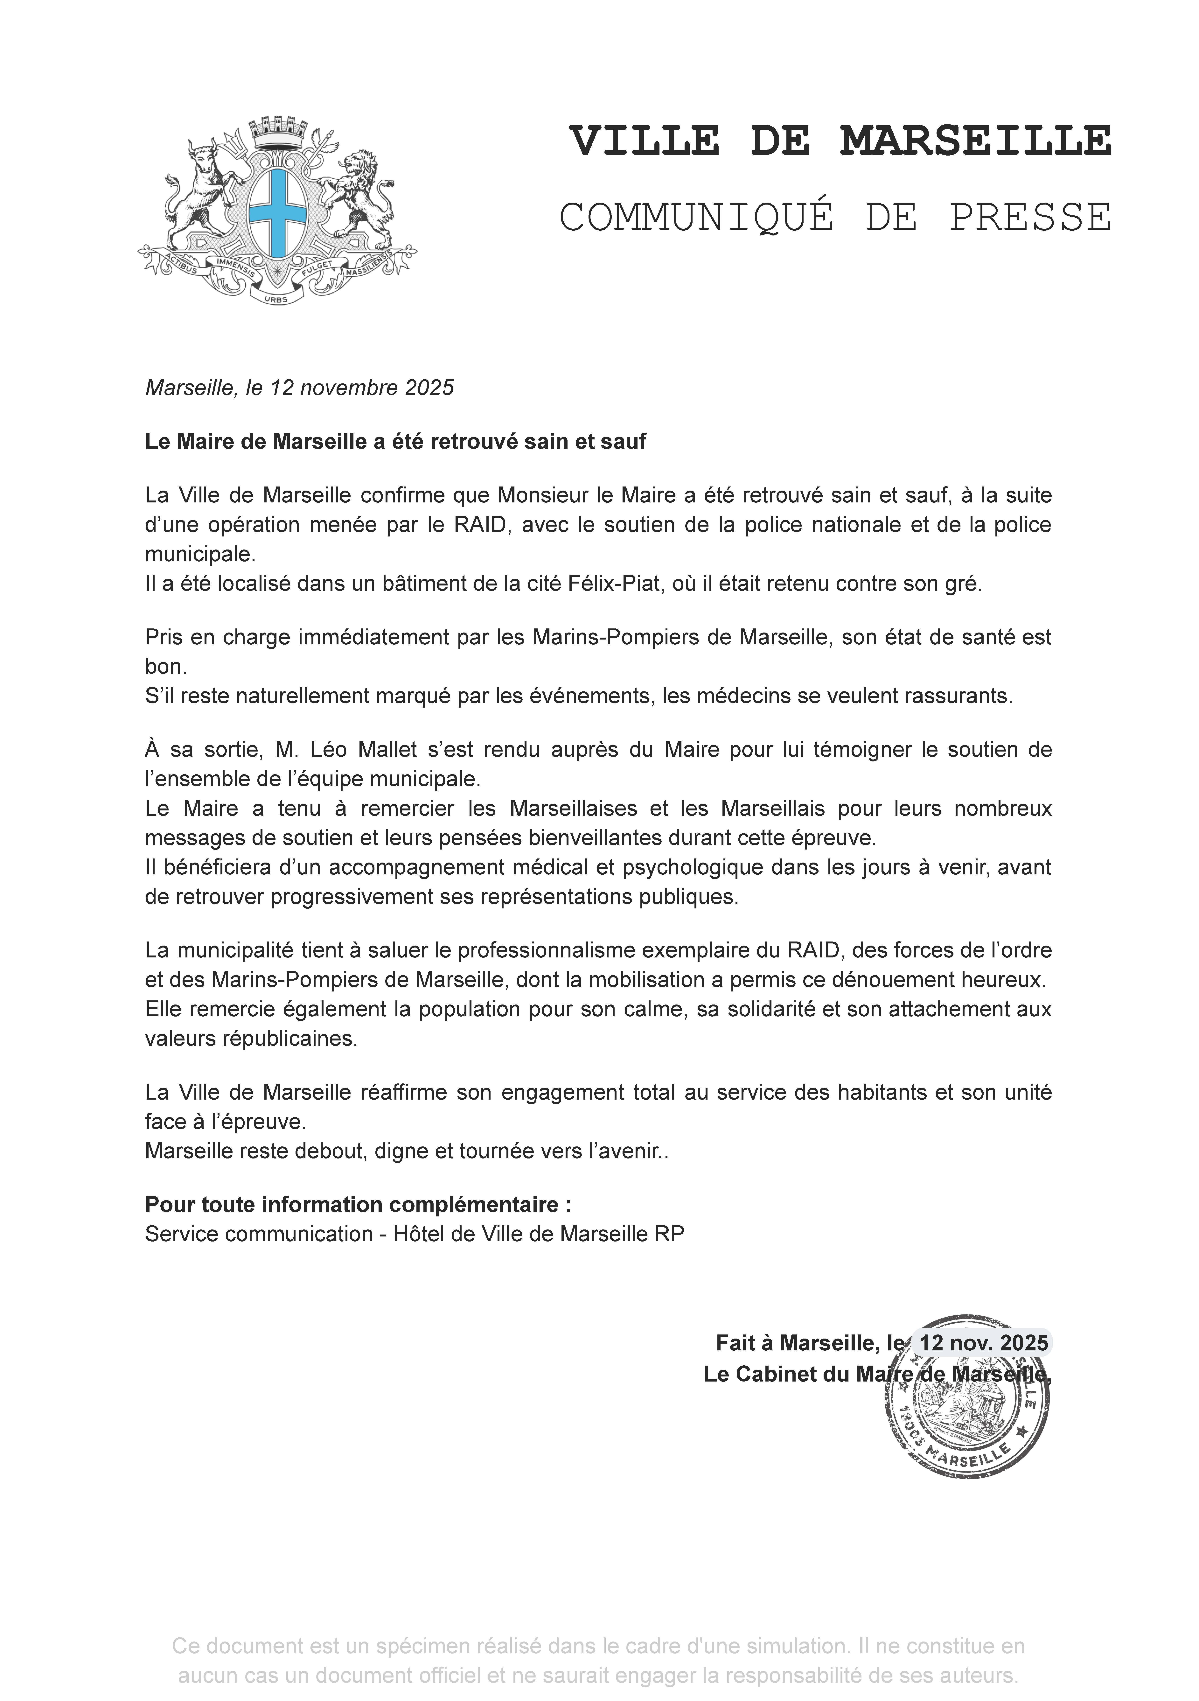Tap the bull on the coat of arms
[x=199, y=189]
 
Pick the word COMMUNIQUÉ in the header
[x=697, y=218]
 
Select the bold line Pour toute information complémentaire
[x=359, y=1205]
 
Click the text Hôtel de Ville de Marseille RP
[x=538, y=1234]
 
